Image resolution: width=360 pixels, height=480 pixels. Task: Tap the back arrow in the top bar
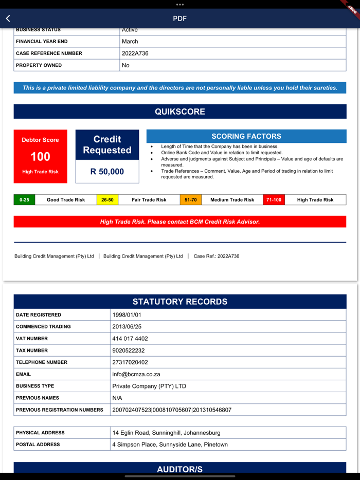8,19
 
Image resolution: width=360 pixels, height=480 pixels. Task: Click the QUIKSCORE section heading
180,112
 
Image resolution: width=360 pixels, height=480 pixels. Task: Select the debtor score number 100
40,157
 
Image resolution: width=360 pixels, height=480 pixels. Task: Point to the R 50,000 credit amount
107,172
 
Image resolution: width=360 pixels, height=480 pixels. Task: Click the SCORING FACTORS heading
246,136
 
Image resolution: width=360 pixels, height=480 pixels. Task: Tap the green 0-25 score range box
24,200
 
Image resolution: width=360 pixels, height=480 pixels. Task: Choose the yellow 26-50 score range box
107,200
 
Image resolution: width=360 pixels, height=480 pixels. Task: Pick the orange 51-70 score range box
191,200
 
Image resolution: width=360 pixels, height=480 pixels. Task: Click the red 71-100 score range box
274,200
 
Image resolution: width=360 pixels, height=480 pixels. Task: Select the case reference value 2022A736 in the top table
135,53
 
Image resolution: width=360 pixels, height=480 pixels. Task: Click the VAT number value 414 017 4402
130,339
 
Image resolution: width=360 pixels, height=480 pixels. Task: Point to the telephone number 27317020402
130,362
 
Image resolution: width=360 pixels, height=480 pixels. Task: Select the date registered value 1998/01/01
127,315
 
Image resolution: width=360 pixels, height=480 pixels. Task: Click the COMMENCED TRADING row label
43,327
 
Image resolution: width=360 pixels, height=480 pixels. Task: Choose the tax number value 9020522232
129,350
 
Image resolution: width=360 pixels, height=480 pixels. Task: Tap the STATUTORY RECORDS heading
180,302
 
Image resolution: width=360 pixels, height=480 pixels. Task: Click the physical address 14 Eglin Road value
166,433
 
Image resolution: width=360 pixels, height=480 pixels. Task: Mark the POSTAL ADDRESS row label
38,445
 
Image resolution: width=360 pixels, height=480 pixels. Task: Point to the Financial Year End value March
130,42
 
